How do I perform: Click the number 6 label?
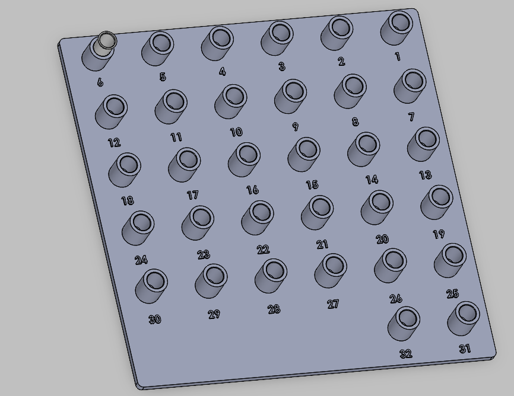[100, 82]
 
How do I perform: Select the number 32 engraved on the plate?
[406, 353]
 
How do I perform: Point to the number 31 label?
[465, 349]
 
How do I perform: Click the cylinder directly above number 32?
[404, 324]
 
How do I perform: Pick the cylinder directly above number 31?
[464, 318]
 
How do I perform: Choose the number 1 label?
[398, 56]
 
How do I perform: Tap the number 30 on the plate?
[155, 319]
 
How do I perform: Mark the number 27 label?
[333, 304]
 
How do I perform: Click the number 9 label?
[296, 126]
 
